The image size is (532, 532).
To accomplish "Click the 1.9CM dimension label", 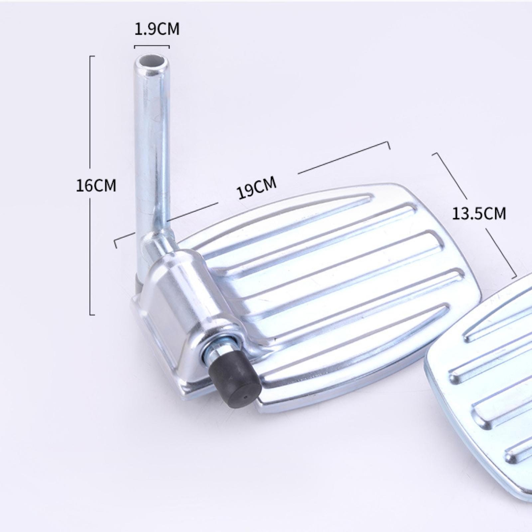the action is [x=157, y=29].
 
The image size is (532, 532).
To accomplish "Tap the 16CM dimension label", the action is [x=96, y=185].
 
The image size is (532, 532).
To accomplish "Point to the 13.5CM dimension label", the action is [x=479, y=213].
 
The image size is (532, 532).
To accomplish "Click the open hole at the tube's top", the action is [x=151, y=62].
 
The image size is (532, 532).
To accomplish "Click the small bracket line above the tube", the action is [x=152, y=47].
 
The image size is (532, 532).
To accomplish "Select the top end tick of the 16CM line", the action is [x=92, y=56].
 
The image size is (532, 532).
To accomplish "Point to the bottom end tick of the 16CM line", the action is [x=92, y=314].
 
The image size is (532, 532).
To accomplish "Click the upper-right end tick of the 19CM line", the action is [x=388, y=145].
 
